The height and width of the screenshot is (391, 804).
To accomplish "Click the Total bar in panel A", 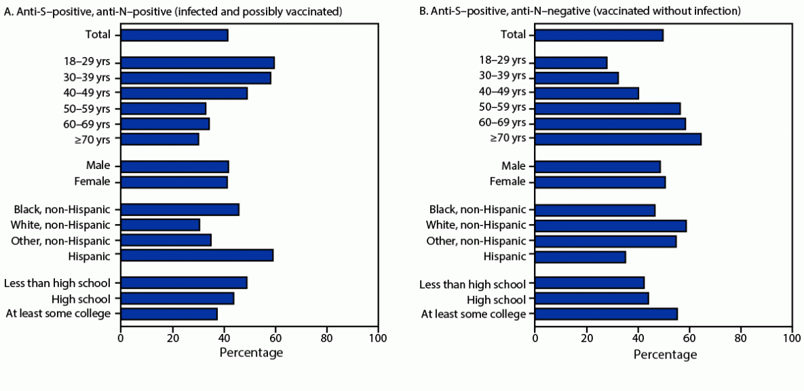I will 174,35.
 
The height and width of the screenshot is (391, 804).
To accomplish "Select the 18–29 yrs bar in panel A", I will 197,63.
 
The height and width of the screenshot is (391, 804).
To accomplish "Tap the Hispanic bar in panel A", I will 197,255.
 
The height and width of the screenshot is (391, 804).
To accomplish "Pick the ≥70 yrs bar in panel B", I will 618,139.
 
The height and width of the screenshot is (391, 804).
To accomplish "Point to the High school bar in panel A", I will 177,299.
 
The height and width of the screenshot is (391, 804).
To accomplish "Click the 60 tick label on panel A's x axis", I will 275,337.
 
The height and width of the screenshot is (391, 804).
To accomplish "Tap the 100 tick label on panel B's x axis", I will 791,337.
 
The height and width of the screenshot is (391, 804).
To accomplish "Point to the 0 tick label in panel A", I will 121,337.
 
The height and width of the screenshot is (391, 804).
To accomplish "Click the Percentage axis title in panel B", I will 665,354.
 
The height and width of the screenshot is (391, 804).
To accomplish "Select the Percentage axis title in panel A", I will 251,353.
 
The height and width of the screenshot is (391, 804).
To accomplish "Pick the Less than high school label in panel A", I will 58,283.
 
